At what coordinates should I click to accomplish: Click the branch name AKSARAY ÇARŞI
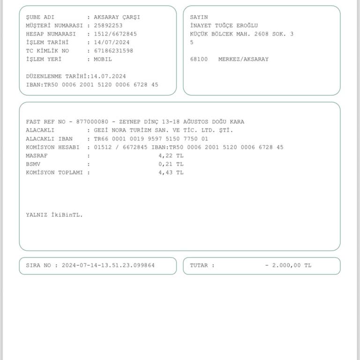(117, 17)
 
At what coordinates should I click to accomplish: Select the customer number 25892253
(108, 26)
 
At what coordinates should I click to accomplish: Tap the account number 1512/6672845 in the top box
(115, 34)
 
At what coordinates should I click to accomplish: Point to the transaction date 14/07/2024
(112, 43)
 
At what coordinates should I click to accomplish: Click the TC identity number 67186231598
(113, 51)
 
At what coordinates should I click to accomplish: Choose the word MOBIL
(103, 60)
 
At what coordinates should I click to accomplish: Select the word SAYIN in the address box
(199, 17)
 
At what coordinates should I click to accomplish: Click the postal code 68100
(199, 60)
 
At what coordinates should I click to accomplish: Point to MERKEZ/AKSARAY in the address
(243, 60)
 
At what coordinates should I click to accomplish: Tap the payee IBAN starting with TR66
(151, 139)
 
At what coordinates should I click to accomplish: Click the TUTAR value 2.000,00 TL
(291, 265)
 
